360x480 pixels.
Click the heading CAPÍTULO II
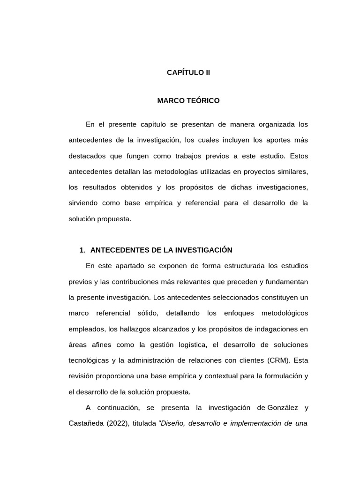click(188, 73)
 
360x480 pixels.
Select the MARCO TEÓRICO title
click(188, 100)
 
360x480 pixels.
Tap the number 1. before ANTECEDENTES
click(82, 250)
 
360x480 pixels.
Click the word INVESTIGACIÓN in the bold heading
click(204, 250)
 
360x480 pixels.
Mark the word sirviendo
click(82, 203)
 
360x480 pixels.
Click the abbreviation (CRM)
click(279, 360)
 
